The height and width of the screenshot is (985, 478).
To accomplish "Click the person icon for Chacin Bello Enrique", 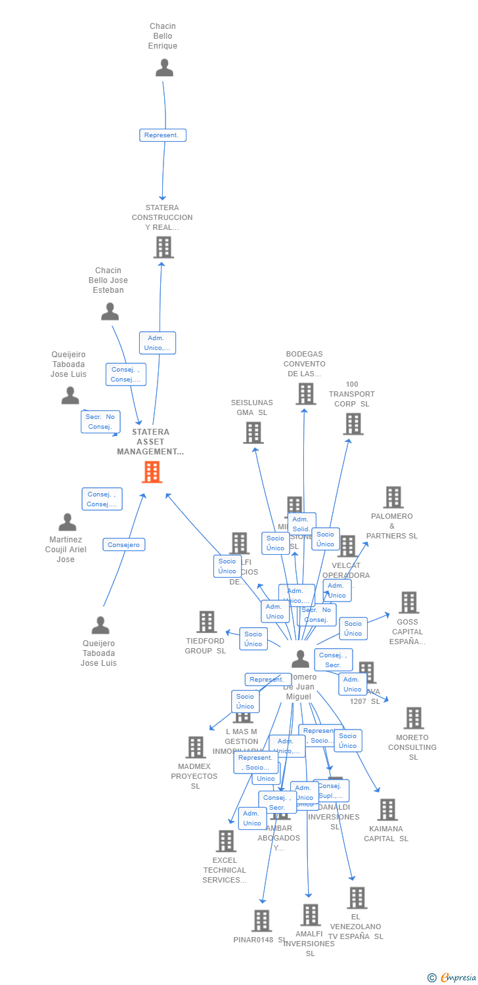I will coord(164,68).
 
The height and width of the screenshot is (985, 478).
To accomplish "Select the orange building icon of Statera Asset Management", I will coord(152,471).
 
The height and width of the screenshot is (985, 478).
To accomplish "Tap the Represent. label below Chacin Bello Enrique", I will coord(163,135).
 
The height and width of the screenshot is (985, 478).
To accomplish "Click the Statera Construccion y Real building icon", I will coord(163,247).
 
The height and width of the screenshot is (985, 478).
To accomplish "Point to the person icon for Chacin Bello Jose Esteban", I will coord(110,311).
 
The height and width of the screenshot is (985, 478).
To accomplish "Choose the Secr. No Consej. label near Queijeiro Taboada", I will coord(100,422).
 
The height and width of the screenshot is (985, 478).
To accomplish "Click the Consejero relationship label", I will coord(124,544).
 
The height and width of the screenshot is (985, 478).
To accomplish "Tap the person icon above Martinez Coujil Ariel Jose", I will coord(67,522).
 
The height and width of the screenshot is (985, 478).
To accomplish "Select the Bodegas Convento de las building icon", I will coord(305,393).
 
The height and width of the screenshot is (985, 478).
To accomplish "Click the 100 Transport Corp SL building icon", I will coord(353,424).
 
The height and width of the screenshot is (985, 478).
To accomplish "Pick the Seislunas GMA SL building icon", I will coord(253,432).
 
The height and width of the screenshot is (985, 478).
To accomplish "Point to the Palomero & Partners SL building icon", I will coord(393,497).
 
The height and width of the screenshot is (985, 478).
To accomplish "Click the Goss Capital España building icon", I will coord(408,602).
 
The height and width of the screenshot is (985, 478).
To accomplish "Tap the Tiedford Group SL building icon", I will coord(206,621).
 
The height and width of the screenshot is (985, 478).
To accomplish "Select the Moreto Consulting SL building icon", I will coord(413,718).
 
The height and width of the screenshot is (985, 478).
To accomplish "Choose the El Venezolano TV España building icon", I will coord(357,897).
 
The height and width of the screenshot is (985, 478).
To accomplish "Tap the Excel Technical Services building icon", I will coord(226,841).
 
